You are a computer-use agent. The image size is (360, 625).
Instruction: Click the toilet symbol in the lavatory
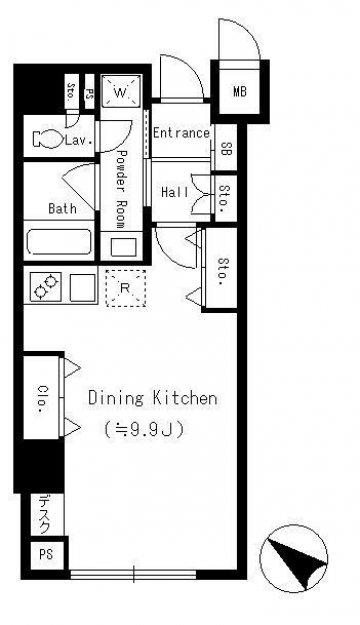pyautogui.click(x=48, y=140)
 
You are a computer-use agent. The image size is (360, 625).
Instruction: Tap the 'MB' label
pyautogui.click(x=240, y=92)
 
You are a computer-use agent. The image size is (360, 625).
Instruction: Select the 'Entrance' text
pyautogui.click(x=181, y=133)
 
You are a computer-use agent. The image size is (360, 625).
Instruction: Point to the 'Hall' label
pyautogui.click(x=175, y=192)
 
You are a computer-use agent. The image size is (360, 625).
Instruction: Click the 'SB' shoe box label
pyautogui.click(x=226, y=149)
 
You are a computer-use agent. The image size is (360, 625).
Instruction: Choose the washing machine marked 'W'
pyautogui.click(x=121, y=91)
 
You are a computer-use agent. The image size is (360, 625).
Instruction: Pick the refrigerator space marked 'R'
pyautogui.click(x=125, y=288)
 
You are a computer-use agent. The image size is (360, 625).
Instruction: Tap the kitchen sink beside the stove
pyautogui.click(x=82, y=287)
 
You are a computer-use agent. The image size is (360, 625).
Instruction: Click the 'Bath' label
pyautogui.click(x=62, y=208)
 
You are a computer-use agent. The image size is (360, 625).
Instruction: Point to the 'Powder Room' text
pyautogui.click(x=120, y=189)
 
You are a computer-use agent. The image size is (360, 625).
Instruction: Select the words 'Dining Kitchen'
pyautogui.click(x=153, y=398)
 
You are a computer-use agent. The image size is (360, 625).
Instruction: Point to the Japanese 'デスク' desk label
pyautogui.click(x=45, y=514)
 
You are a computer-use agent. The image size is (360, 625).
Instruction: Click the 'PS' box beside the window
pyautogui.click(x=46, y=554)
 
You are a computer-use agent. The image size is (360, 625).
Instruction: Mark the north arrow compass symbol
pyautogui.click(x=294, y=558)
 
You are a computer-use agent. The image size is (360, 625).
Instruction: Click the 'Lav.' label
pyautogui.click(x=79, y=140)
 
